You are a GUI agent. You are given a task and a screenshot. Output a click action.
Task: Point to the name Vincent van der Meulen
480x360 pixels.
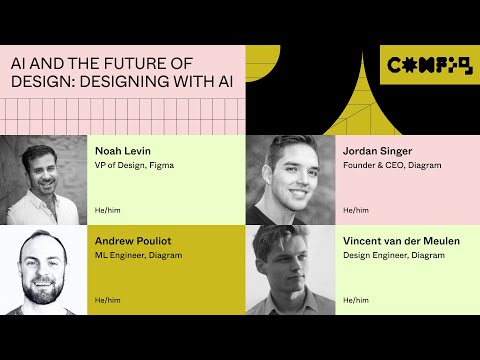click(x=401, y=240)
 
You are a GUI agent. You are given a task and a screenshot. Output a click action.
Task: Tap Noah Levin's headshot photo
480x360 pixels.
click(x=45, y=179)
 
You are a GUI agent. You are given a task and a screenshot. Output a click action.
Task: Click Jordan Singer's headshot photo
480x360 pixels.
click(x=290, y=179)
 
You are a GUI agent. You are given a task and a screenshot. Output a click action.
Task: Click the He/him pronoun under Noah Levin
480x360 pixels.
click(x=105, y=210)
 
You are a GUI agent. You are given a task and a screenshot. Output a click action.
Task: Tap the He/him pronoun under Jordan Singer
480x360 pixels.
click(x=355, y=210)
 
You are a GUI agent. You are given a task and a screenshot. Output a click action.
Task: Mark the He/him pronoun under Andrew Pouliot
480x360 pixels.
click(x=105, y=299)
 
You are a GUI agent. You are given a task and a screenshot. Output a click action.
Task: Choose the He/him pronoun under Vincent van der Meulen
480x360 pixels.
click(x=355, y=299)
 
